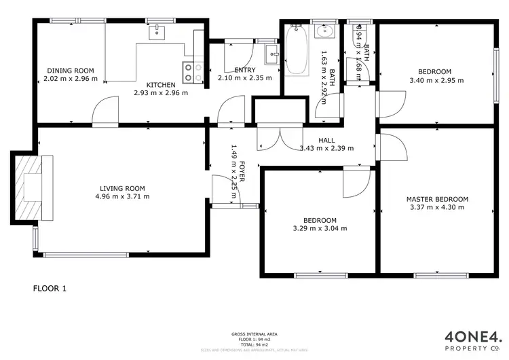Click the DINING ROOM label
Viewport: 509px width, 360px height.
pos(71,71)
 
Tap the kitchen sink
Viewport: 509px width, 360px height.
pos(157,31)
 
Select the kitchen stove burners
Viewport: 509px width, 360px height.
pos(192,72)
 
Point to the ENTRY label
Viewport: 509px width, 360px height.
pos(244,70)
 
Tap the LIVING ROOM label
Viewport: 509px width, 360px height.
pos(122,188)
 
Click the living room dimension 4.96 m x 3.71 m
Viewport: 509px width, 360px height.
pos(122,196)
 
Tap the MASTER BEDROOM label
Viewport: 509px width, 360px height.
pos(437,199)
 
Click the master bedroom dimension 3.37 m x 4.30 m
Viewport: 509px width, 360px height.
pos(437,207)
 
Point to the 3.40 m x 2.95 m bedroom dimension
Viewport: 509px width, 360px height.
pos(435,80)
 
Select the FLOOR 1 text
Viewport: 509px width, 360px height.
pos(50,288)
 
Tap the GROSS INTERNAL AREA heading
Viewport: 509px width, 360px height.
pos(254,335)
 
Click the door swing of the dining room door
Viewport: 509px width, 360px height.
pos(102,111)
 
